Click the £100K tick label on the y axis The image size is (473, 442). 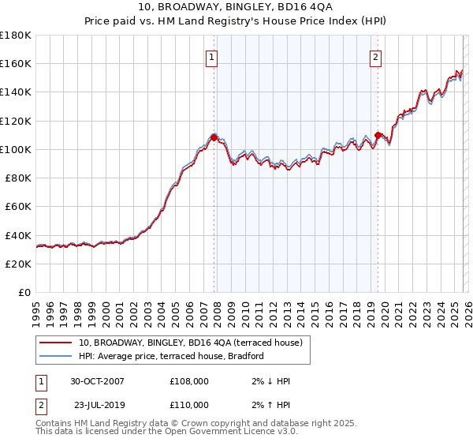[16, 149]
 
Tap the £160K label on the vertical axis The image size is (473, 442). [16, 64]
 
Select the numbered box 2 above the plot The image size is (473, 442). [376, 57]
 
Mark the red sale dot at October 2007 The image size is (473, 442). [214, 137]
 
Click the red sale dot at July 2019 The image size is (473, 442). [378, 135]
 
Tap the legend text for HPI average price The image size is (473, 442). [171, 356]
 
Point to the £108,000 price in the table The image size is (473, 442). [188, 381]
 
